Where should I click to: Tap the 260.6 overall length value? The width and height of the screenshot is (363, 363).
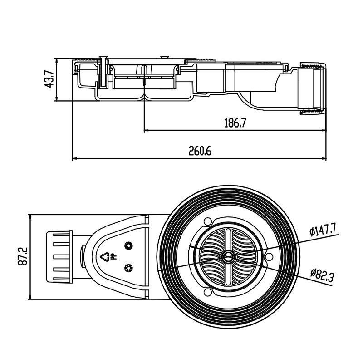coord(200,151)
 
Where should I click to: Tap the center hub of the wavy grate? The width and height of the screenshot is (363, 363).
coord(227,257)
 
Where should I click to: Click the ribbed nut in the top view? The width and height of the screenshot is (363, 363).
coord(59,257)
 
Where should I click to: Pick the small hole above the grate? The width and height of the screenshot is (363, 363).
coord(208,221)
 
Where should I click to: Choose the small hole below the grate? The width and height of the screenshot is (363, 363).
coord(208,293)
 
